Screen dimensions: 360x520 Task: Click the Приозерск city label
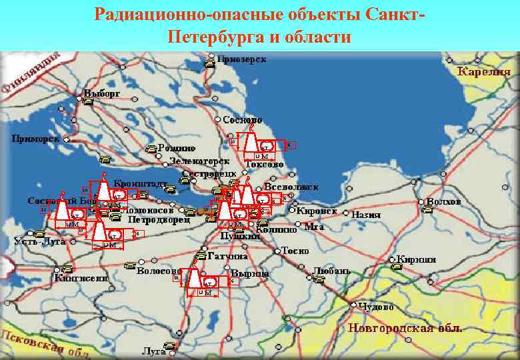point(241,60)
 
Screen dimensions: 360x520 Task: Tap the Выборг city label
point(101,93)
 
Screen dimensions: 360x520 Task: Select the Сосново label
point(238,120)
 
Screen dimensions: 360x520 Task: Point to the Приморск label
point(36,139)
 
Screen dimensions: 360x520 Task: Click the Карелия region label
point(483,71)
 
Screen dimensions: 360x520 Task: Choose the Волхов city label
point(444,201)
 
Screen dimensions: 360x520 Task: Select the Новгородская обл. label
point(405,329)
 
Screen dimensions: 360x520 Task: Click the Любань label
point(331,271)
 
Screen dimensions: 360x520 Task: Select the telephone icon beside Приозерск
point(209,65)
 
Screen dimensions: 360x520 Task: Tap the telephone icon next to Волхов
point(427,209)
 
